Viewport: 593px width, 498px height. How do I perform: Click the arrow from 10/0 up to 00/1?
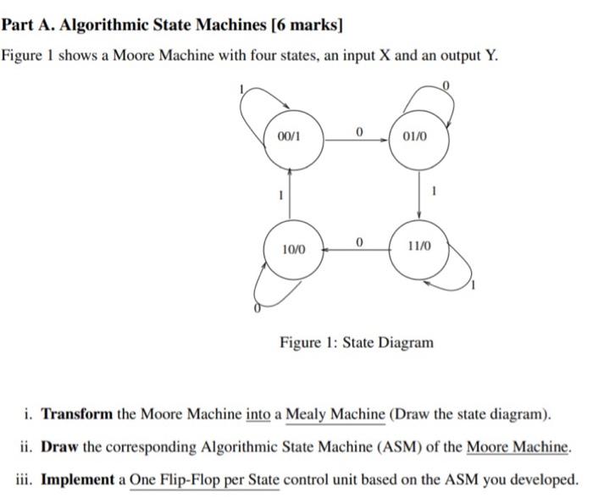[x=291, y=193]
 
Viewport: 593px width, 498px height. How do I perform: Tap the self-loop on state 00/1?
[x=254, y=110]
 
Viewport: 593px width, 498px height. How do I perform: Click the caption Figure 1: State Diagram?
[x=357, y=343]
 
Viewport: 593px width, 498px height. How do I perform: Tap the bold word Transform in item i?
[x=77, y=415]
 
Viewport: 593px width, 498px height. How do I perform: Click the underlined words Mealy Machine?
[x=336, y=415]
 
